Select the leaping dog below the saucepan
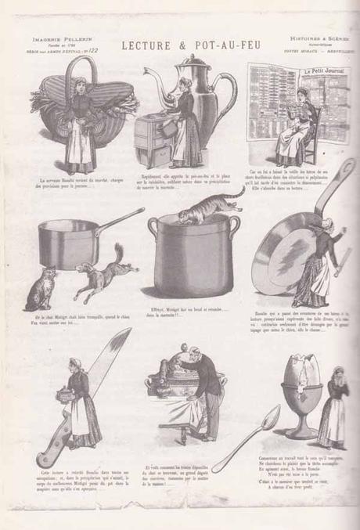[x=102, y=282]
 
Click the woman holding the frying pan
[x=318, y=266]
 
